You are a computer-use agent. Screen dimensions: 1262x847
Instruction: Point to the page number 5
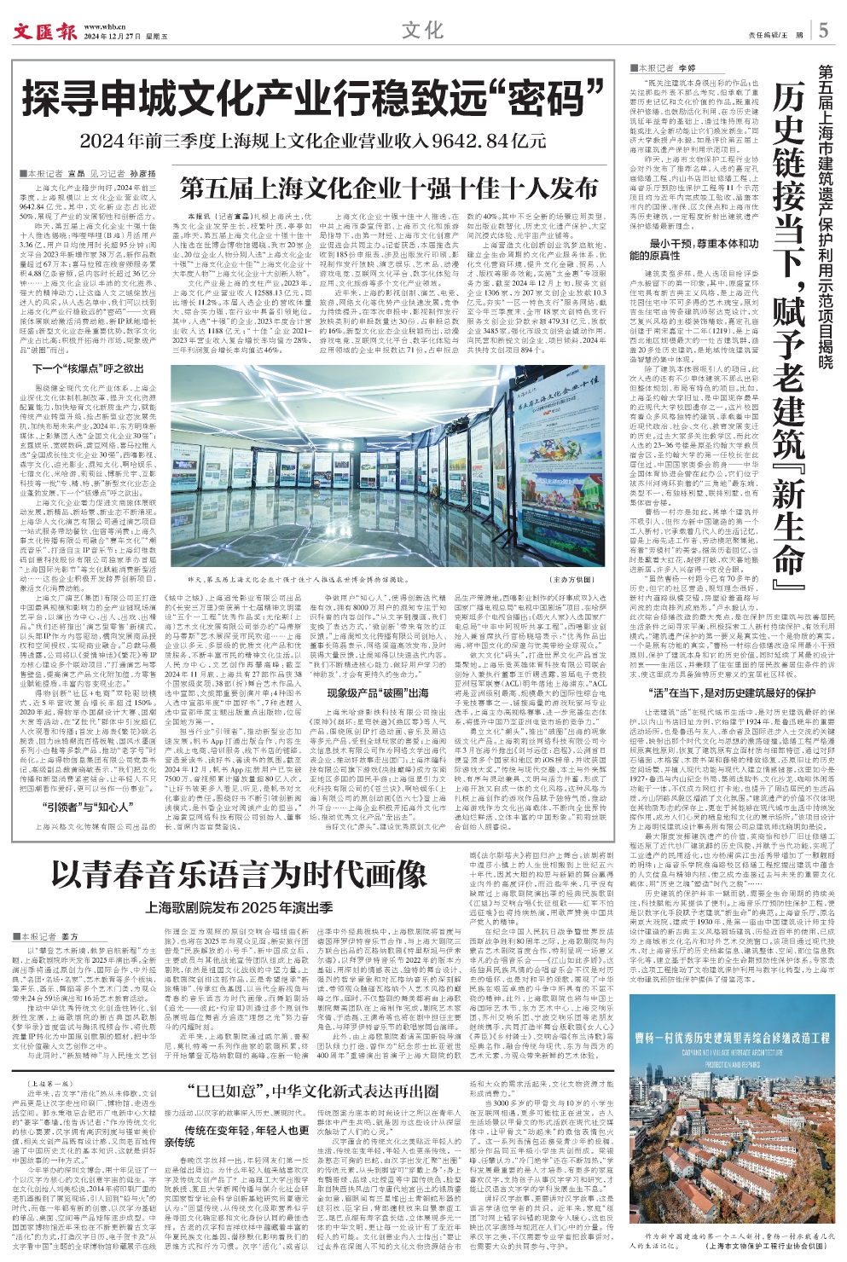[x=823, y=31]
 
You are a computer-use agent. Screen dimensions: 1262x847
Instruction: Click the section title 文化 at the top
[x=422, y=31]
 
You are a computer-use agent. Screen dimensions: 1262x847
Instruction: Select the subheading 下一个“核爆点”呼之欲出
[x=88, y=369]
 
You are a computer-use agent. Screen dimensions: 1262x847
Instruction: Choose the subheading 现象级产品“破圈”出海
[x=377, y=669]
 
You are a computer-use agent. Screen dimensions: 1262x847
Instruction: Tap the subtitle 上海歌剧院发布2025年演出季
[x=238, y=908]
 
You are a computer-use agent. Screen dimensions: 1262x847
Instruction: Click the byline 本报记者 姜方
[x=49, y=937]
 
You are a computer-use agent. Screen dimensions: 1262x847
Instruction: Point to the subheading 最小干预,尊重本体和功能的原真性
[x=693, y=249]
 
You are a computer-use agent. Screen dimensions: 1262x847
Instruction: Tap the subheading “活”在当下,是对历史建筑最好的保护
[x=732, y=692]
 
